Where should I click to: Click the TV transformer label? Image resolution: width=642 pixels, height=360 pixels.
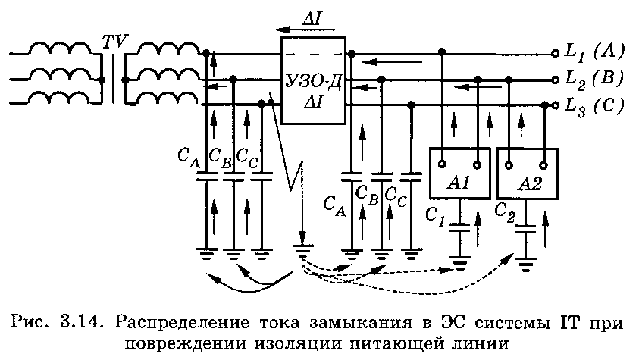[x=114, y=42]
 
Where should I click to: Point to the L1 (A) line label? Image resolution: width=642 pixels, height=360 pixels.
[x=594, y=52]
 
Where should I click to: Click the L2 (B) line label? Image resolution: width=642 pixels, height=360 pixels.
[x=594, y=78]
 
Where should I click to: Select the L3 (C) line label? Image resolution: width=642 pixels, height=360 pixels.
[x=594, y=105]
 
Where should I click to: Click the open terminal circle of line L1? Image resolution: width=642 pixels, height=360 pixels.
[x=555, y=53]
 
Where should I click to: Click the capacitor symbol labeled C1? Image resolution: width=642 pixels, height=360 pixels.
[x=460, y=227]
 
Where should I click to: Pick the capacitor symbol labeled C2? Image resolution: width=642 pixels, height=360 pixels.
[x=525, y=229]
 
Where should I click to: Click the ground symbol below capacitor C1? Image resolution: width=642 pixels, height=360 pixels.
[x=460, y=262]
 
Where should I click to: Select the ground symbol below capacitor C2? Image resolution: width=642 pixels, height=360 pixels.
[x=526, y=264]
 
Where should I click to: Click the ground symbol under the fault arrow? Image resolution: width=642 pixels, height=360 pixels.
[x=302, y=251]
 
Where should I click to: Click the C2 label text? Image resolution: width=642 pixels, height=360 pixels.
[x=505, y=212]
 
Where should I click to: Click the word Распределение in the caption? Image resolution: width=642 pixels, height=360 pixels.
[x=182, y=324]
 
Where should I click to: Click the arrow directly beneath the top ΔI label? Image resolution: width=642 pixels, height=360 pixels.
[x=305, y=30]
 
